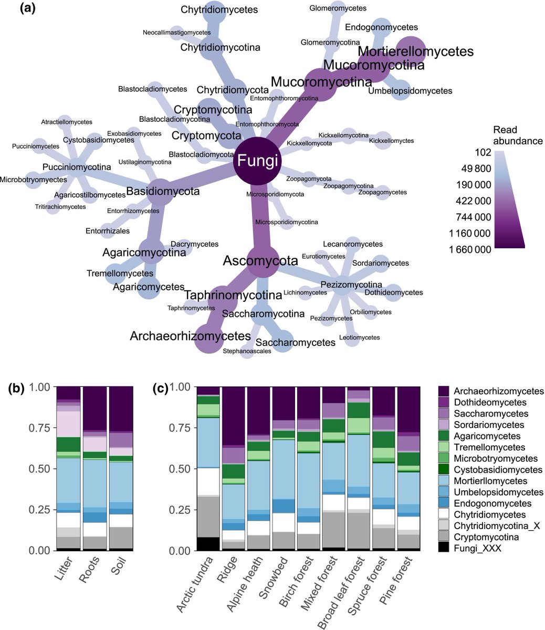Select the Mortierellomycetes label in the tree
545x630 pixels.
click(416, 51)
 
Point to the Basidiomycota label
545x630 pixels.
click(163, 192)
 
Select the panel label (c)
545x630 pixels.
click(160, 389)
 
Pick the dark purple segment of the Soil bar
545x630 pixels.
click(121, 409)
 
